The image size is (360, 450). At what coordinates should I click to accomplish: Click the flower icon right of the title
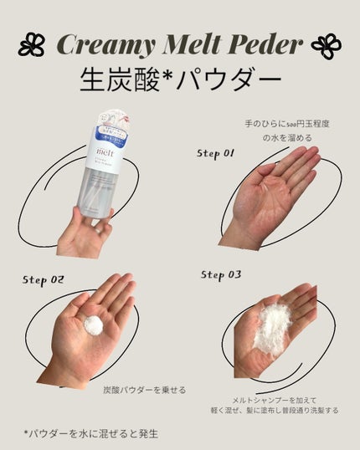326,45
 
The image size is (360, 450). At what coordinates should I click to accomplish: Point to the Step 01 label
217,153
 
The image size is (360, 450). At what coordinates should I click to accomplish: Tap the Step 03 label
223,274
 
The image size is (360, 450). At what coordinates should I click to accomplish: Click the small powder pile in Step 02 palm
93,325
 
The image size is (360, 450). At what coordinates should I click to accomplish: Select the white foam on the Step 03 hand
271,321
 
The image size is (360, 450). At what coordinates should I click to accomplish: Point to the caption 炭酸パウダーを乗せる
144,390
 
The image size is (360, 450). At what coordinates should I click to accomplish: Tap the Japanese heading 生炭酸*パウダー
179,81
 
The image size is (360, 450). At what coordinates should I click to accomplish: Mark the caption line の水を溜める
289,137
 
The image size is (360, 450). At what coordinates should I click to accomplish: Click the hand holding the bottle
85,233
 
